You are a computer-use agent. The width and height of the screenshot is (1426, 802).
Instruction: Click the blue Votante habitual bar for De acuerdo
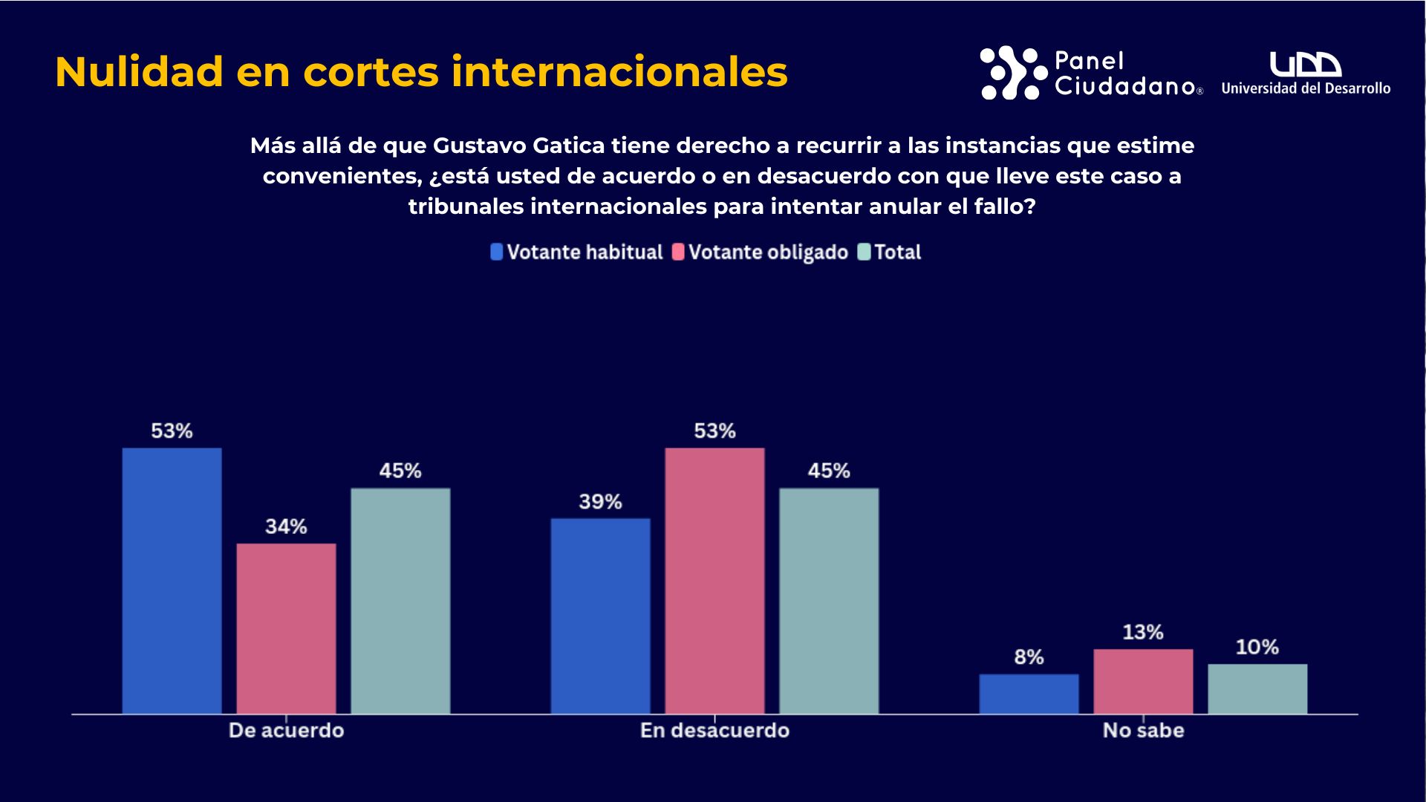pos(172,581)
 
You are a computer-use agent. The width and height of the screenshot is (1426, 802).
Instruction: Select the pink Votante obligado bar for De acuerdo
pos(286,628)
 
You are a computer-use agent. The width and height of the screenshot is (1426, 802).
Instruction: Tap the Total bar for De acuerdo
pos(400,601)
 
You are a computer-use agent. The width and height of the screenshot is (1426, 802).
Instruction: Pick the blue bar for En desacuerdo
pos(600,616)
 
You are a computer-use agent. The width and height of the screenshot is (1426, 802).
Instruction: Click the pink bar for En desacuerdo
pos(714,581)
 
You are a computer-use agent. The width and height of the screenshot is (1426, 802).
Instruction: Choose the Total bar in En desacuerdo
pos(829,601)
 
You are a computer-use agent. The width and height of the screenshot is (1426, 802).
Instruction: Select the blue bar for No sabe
pos(1029,694)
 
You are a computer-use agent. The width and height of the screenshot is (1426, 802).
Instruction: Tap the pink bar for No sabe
pos(1143,681)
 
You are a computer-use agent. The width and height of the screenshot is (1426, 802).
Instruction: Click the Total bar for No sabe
pos(1257,688)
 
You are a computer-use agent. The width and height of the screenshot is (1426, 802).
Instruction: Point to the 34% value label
pos(286,526)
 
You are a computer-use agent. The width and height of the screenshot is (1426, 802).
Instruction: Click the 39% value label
pos(600,502)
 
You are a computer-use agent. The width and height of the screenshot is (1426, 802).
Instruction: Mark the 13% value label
pos(1143,633)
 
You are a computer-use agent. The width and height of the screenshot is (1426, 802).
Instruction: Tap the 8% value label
pos(1029,657)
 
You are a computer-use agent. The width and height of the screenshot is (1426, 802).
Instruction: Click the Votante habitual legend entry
pos(577,252)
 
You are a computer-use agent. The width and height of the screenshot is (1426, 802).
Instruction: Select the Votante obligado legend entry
pos(760,252)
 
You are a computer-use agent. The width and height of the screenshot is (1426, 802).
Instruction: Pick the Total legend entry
pos(890,252)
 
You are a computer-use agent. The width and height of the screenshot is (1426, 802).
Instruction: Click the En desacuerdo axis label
pos(714,731)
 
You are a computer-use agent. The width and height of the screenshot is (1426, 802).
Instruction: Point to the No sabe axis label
pos(1143,731)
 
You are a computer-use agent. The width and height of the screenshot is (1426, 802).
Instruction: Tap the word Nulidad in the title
pos(139,72)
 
